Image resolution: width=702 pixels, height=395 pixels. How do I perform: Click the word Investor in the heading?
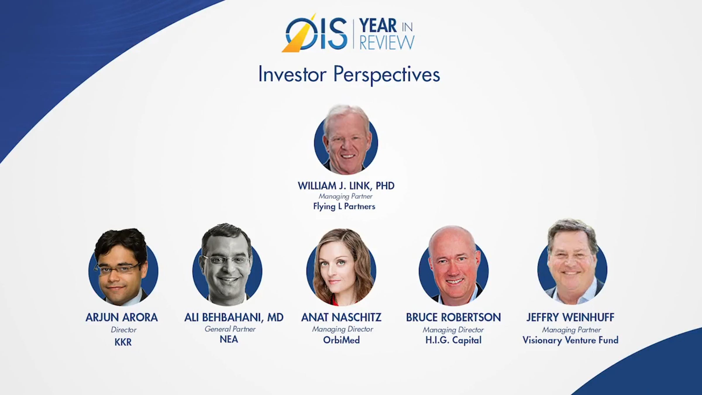292,74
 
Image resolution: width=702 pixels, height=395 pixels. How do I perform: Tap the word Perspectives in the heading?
387,75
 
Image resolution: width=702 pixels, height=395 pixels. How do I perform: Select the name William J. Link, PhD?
346,186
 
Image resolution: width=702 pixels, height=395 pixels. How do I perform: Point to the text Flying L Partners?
344,207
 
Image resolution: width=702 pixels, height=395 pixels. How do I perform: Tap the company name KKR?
123,342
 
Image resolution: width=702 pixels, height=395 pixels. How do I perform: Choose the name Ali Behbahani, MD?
234,317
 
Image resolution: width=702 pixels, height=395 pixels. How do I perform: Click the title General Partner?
230,329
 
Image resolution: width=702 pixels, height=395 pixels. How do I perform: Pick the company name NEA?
229,339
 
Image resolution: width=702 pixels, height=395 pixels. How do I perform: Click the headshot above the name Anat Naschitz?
341,267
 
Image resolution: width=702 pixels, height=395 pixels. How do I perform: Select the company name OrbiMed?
341,340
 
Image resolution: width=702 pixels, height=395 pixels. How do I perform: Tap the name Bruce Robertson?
453,317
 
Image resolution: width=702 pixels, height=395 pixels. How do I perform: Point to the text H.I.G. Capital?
453,340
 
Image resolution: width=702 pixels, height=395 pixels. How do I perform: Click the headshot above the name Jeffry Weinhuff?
572,262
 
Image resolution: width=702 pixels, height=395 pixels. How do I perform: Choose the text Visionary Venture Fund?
571,340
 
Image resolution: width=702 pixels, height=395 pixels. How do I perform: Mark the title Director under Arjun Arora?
123,330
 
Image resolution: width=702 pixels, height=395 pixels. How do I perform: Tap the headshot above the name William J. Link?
346,140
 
